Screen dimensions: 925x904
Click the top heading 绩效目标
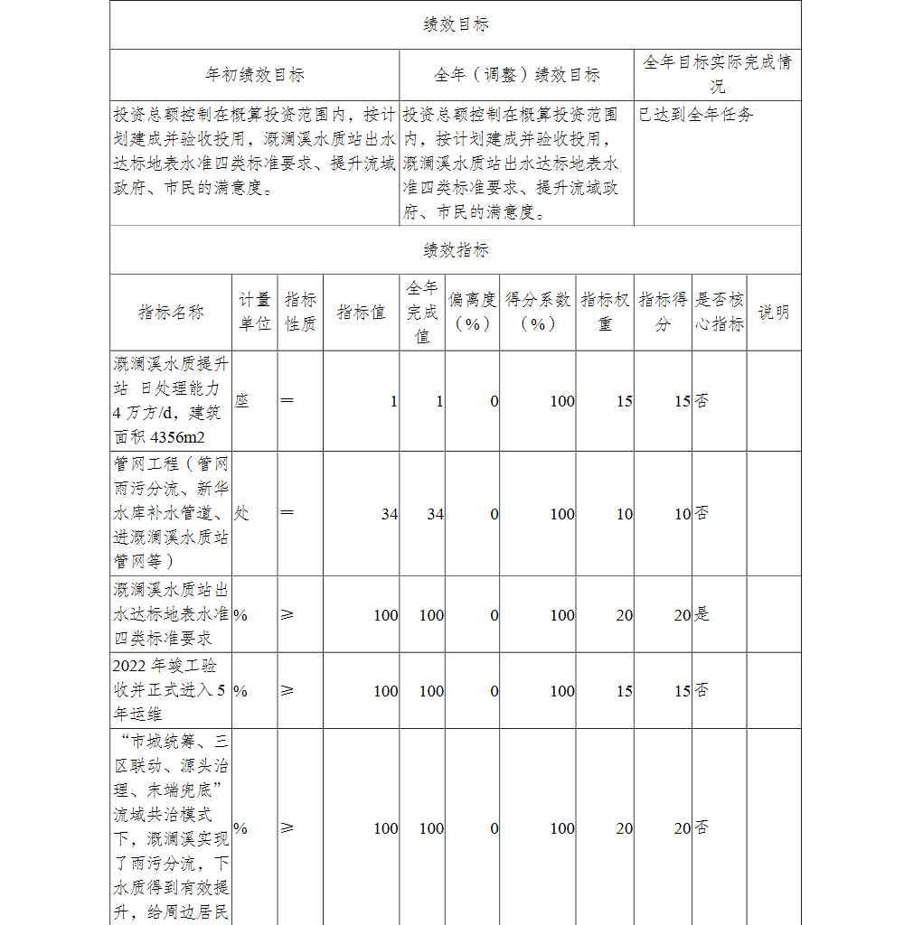coord(456,25)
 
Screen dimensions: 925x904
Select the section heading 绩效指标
coord(456,250)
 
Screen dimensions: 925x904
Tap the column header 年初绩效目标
coord(255,75)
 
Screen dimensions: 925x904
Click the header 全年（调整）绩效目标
coord(516,75)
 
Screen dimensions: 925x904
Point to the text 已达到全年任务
coord(696,115)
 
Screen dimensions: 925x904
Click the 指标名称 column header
coord(171,313)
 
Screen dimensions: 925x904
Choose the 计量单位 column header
coord(255,312)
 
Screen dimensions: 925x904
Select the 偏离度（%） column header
coord(471,312)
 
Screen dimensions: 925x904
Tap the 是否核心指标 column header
coord(720,312)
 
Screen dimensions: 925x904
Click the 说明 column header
coord(773,313)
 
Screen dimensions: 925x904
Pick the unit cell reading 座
coord(241,401)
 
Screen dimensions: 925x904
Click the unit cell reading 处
coord(241,513)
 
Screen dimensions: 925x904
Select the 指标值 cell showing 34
coord(389,514)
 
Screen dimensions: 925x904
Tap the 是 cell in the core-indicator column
coord(702,614)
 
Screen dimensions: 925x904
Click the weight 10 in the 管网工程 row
coord(624,514)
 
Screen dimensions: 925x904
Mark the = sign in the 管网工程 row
coord(287,513)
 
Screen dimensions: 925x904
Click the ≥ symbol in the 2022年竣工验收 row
coord(287,691)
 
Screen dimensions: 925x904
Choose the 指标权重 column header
coord(605,312)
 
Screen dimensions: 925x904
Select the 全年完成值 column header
coord(421,312)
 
